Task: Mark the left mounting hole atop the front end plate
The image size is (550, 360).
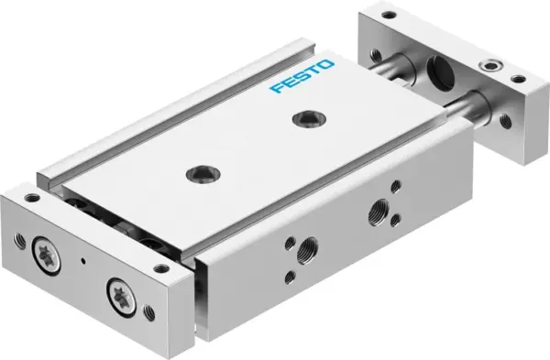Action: tap(34, 197)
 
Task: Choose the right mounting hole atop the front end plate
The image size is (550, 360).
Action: tap(161, 268)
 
